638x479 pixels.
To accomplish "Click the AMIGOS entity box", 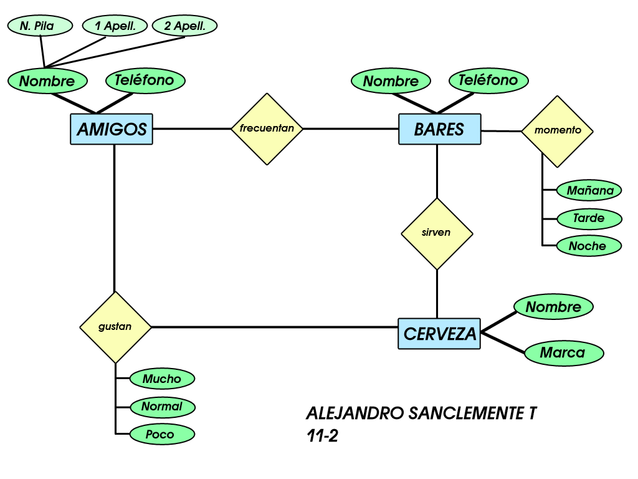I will coord(112,129).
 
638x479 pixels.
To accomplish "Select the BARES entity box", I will coord(439,129).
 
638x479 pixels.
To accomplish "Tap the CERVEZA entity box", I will coord(439,334).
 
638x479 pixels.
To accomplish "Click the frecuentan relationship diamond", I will coord(267,129).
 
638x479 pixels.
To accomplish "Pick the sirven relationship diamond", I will coord(436,233).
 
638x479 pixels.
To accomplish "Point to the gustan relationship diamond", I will coord(115,327).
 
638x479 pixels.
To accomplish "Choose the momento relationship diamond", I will coord(557,131).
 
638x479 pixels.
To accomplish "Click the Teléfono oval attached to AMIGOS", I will coord(146,80).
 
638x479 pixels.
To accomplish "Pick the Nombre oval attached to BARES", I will coord(390,81).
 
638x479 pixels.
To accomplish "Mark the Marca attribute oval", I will coord(563,352).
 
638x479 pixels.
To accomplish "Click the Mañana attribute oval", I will coord(589,191).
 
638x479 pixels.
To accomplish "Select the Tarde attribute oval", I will coord(589,218).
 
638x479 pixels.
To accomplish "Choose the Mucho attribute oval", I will coord(161,379).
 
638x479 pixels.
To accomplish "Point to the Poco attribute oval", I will coord(161,434).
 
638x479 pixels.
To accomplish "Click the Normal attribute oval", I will coord(162,407).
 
